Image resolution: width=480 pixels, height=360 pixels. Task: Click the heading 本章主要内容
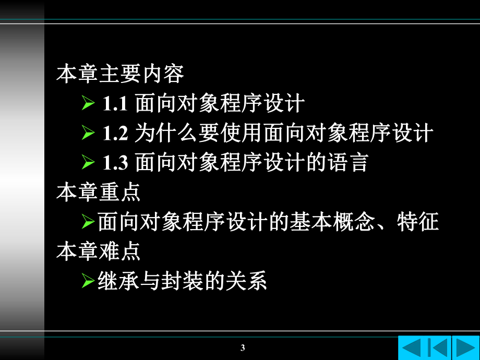[120, 74]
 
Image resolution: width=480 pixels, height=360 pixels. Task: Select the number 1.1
[114, 104]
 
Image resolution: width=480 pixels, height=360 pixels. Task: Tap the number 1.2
[114, 134]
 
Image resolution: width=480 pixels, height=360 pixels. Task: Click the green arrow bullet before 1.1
[88, 104]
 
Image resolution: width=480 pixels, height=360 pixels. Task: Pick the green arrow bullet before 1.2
[88, 134]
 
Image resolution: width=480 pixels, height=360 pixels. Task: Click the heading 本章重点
[99, 193]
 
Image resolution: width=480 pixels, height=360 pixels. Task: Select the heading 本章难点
[99, 252]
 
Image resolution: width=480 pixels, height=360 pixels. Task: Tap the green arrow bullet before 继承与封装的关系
[88, 282]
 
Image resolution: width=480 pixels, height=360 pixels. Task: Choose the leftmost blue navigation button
[412, 347]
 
